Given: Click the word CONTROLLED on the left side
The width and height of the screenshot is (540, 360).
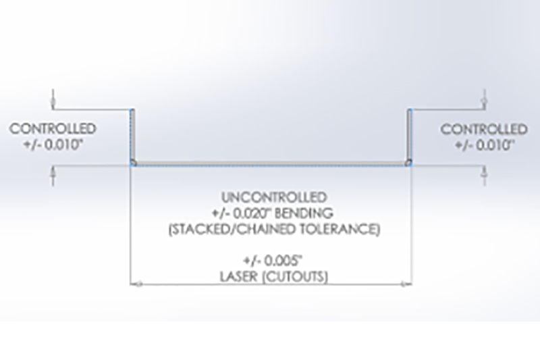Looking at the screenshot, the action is pyautogui.click(x=53, y=129).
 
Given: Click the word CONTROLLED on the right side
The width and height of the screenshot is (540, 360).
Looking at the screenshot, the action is pyautogui.click(x=484, y=130).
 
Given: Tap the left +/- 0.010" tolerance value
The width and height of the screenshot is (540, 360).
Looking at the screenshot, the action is pyautogui.click(x=53, y=145).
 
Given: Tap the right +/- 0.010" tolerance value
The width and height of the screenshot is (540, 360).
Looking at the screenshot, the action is pyautogui.click(x=485, y=145).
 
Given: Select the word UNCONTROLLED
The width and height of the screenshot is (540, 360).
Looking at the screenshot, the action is pyautogui.click(x=274, y=197).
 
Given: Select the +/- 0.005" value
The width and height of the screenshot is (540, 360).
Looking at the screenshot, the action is pyautogui.click(x=274, y=261).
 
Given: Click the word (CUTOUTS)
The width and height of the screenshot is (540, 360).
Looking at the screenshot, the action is pyautogui.click(x=296, y=277).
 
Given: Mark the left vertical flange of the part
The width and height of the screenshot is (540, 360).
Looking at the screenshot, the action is pyautogui.click(x=132, y=135).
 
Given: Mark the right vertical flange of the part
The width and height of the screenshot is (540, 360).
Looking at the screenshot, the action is pyautogui.click(x=410, y=135).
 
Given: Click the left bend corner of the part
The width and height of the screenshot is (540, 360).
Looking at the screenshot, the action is pyautogui.click(x=133, y=163).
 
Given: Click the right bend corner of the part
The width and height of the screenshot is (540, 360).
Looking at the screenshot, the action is pyautogui.click(x=409, y=163).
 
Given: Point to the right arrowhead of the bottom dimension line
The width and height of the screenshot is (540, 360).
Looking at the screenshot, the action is pyautogui.click(x=406, y=284).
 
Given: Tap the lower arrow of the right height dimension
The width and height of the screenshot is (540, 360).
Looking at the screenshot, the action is pyautogui.click(x=485, y=174).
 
